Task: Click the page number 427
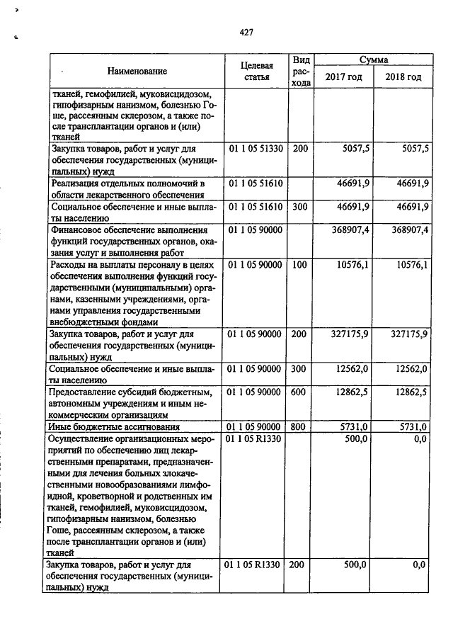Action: [246, 32]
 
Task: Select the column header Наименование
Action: [137, 72]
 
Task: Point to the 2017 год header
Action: [343, 76]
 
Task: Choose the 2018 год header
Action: [403, 76]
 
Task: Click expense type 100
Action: [300, 264]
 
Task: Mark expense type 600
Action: [300, 392]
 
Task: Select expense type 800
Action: [300, 427]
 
